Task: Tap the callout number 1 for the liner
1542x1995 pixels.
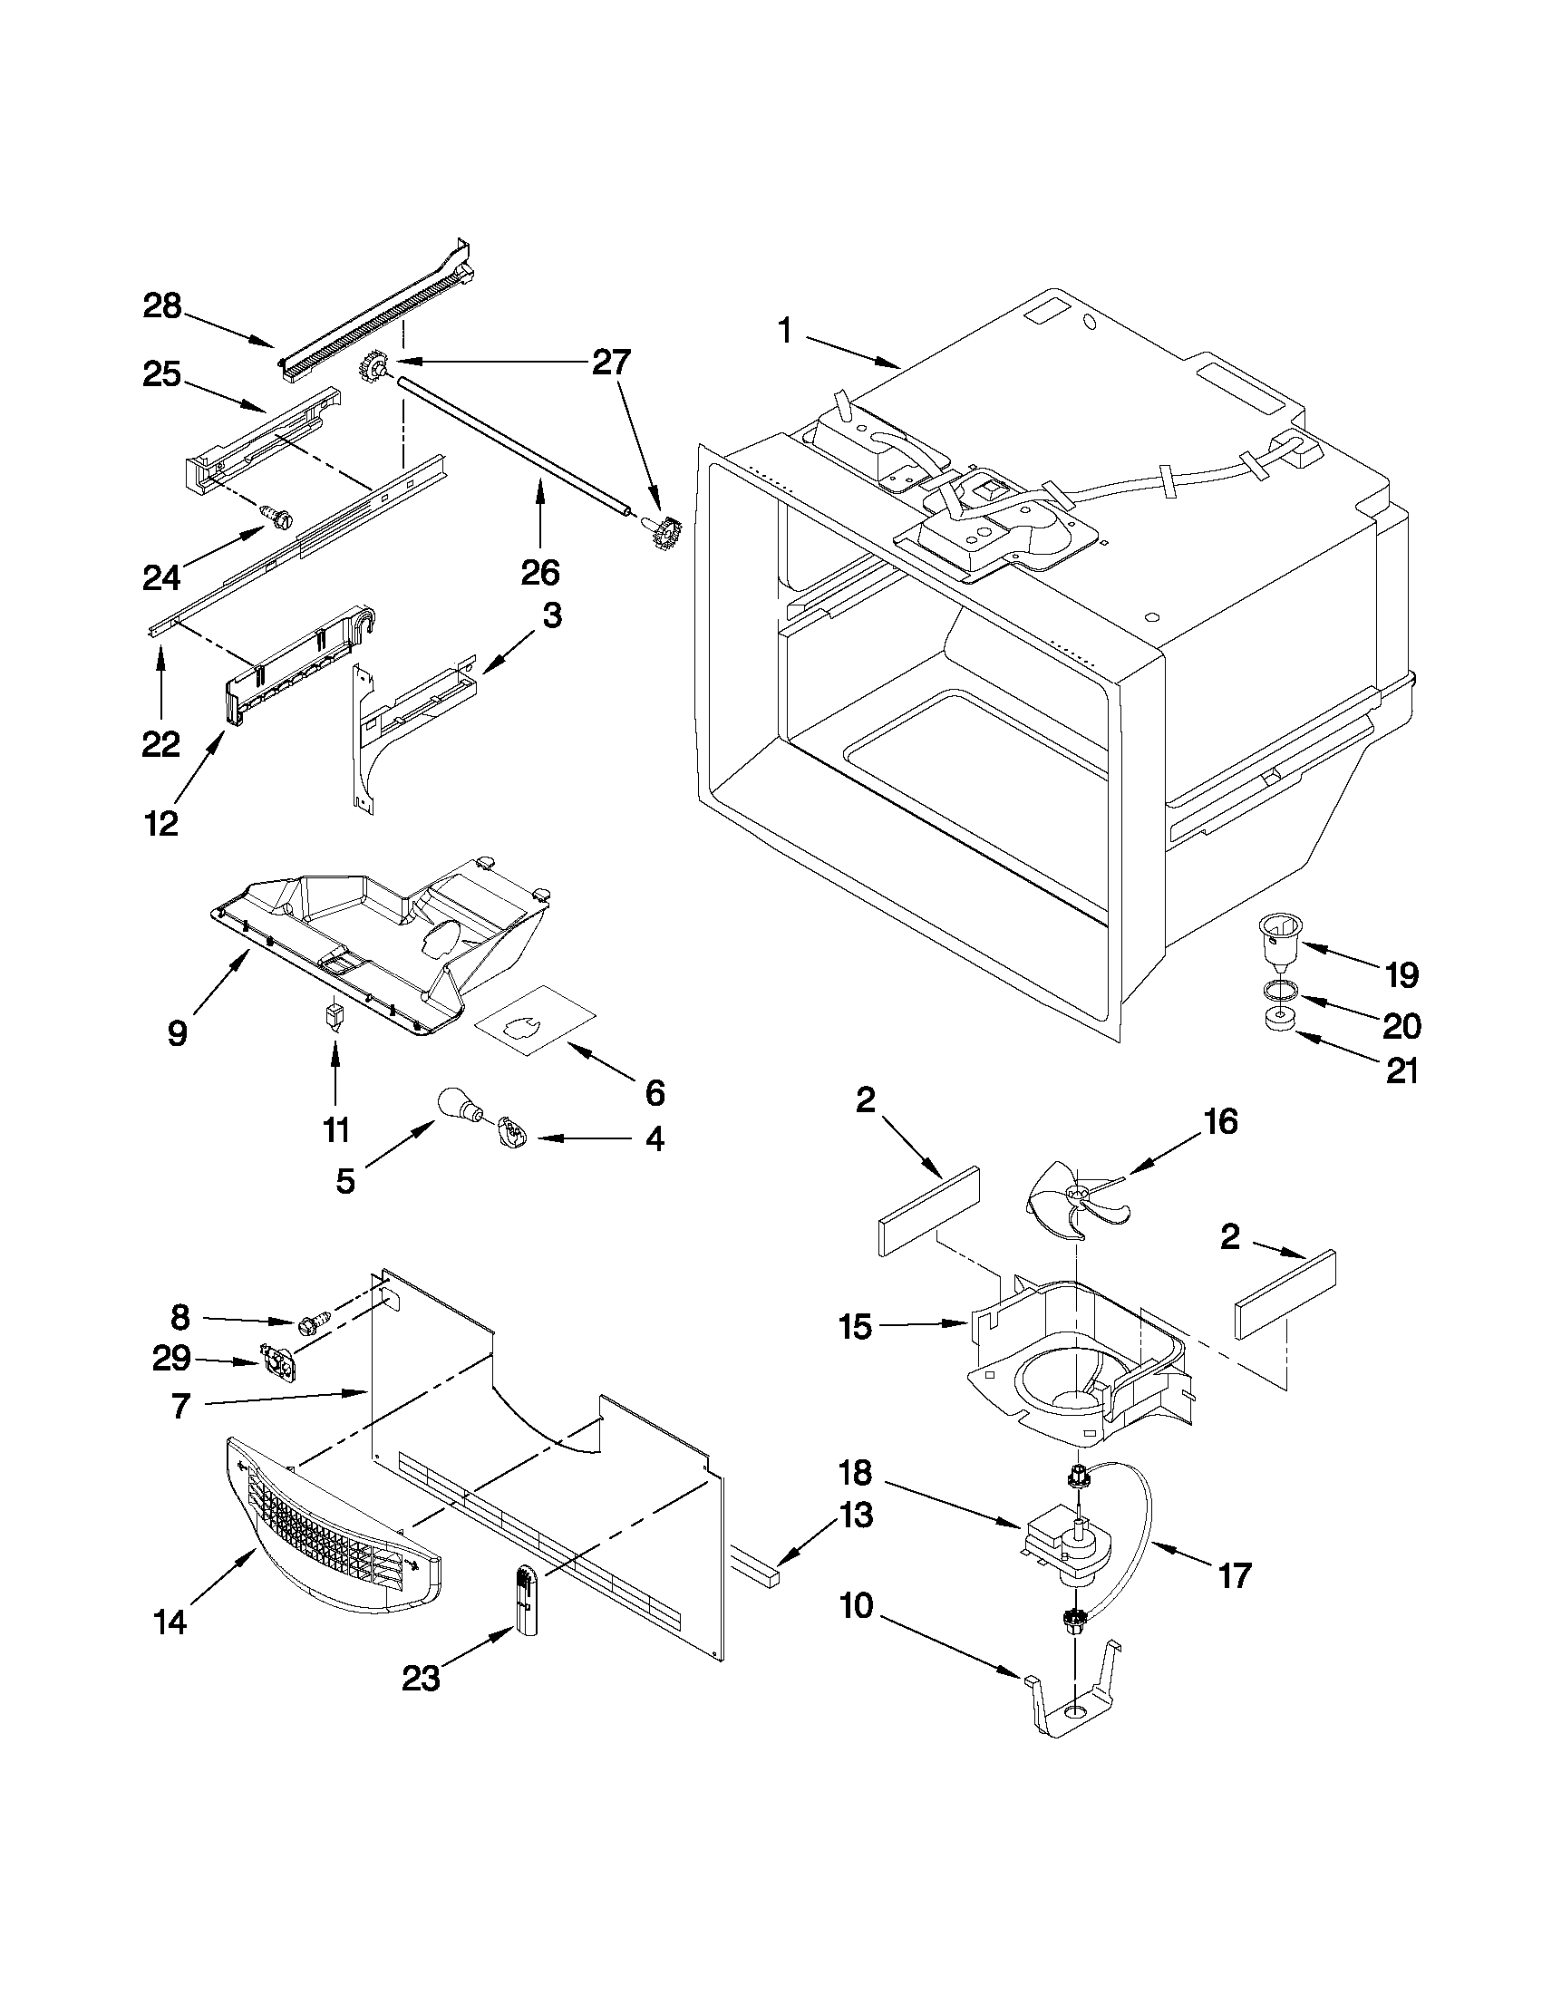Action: (785, 331)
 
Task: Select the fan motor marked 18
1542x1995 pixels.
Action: (1062, 1544)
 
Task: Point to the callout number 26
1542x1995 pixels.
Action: (539, 573)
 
